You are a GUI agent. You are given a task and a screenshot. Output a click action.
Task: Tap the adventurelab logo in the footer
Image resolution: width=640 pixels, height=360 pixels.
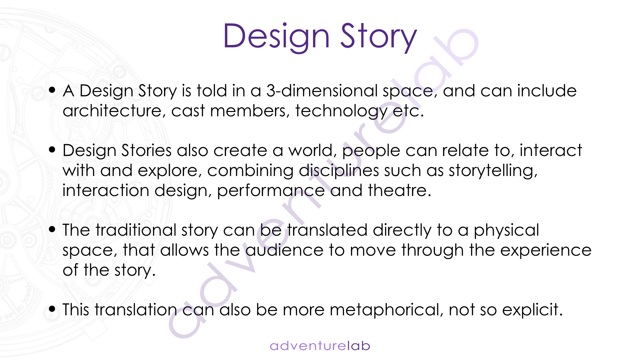[320, 346]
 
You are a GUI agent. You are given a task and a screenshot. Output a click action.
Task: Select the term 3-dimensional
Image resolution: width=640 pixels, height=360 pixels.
[322, 91]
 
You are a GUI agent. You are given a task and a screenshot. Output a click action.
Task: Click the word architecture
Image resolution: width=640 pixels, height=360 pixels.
[112, 111]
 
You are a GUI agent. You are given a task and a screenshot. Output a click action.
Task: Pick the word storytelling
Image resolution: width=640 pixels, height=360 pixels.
[493, 171]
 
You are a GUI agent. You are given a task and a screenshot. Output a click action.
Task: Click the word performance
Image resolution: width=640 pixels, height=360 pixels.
[271, 191]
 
